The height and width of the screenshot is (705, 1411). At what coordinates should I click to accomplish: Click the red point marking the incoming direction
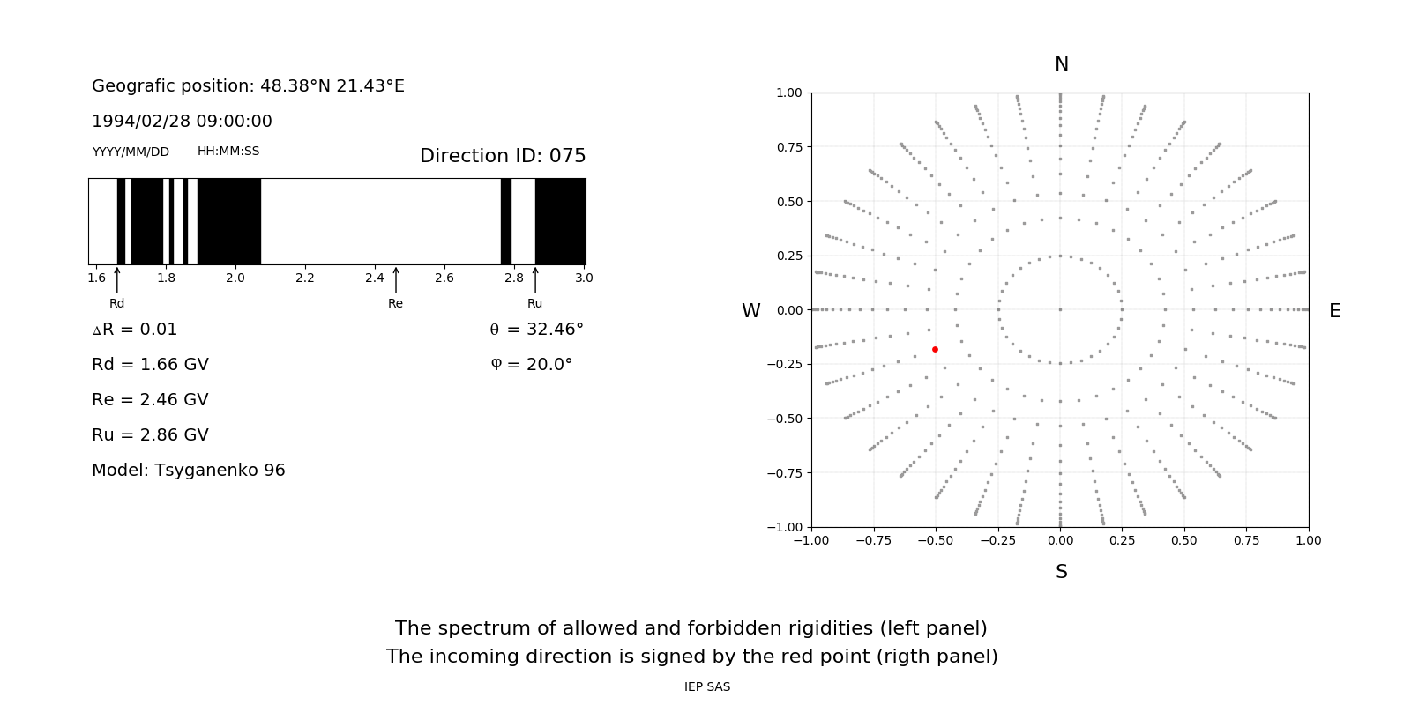pyautogui.click(x=935, y=350)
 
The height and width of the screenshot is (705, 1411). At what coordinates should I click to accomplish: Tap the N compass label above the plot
pyautogui.click(x=1061, y=64)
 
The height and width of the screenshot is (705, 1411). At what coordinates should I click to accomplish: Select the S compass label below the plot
pyautogui.click(x=1061, y=572)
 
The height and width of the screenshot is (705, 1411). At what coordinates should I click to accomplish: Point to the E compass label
pyautogui.click(x=1334, y=311)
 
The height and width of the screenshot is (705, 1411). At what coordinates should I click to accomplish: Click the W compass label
pyautogui.click(x=750, y=311)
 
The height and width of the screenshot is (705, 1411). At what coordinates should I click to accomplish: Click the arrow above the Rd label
pyautogui.click(x=117, y=279)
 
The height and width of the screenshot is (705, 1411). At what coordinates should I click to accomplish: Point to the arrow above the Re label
pyautogui.click(x=395, y=279)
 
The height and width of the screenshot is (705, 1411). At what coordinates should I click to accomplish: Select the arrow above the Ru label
pyautogui.click(x=535, y=279)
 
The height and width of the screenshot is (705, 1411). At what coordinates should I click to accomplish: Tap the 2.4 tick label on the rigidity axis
pyautogui.click(x=374, y=278)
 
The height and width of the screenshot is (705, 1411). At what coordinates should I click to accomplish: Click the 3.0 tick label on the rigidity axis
pyautogui.click(x=583, y=278)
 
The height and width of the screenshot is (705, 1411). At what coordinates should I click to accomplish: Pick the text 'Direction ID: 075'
pyautogui.click(x=503, y=156)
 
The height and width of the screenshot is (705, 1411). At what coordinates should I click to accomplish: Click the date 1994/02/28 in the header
pyautogui.click(x=137, y=122)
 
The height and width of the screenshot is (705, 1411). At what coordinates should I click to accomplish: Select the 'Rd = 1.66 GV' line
pyautogui.click(x=150, y=365)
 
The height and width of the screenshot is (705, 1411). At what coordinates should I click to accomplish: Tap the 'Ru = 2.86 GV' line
pyautogui.click(x=150, y=435)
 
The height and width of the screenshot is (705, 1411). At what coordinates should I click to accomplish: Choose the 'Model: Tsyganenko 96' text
pyautogui.click(x=188, y=471)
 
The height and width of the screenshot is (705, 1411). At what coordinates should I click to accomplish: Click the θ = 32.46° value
pyautogui.click(x=536, y=330)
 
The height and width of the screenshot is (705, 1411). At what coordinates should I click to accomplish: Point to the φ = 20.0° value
pyautogui.click(x=531, y=365)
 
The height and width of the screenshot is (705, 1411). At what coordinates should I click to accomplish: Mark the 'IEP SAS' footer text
pyautogui.click(x=706, y=686)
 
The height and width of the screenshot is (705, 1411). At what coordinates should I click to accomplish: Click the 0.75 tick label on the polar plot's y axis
pyautogui.click(x=788, y=147)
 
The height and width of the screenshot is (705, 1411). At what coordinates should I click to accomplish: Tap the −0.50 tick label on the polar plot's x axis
pyautogui.click(x=935, y=540)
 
